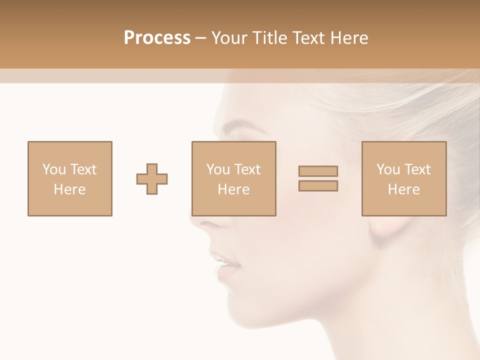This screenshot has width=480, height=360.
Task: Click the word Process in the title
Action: point(157,38)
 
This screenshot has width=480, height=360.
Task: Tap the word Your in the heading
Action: point(228,38)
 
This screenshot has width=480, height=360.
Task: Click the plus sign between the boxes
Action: point(152,179)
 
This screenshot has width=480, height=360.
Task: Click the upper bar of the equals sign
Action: point(318,171)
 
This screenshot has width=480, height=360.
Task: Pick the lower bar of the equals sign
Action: point(318,186)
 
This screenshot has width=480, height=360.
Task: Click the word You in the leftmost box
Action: point(53,169)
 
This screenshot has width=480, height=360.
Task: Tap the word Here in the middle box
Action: point(234,189)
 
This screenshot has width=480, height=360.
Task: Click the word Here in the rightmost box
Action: point(404,189)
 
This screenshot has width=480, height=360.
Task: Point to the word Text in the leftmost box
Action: point(83,169)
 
